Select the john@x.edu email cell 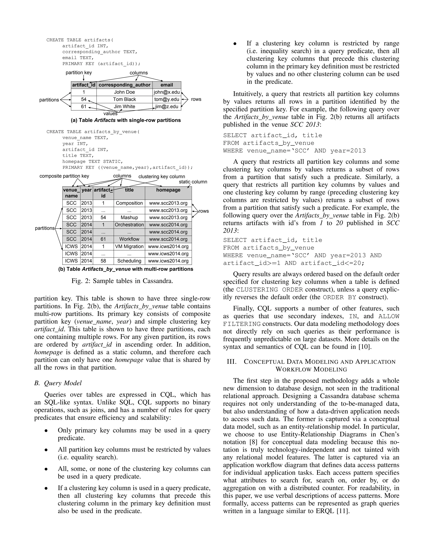point(167,92)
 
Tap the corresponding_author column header point(124,85)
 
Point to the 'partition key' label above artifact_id point(79,73)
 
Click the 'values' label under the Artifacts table point(110,114)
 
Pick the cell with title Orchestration point(129,225)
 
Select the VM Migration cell point(129,246)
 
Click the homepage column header point(168,190)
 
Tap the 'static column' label point(193,182)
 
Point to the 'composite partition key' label point(64,176)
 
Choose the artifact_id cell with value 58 point(103,261)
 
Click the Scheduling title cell point(129,261)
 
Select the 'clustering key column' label point(162,177)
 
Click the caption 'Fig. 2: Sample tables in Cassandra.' point(122,281)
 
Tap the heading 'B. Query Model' point(58,383)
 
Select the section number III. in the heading point(232,362)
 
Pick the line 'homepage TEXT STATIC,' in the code point(93,162)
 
